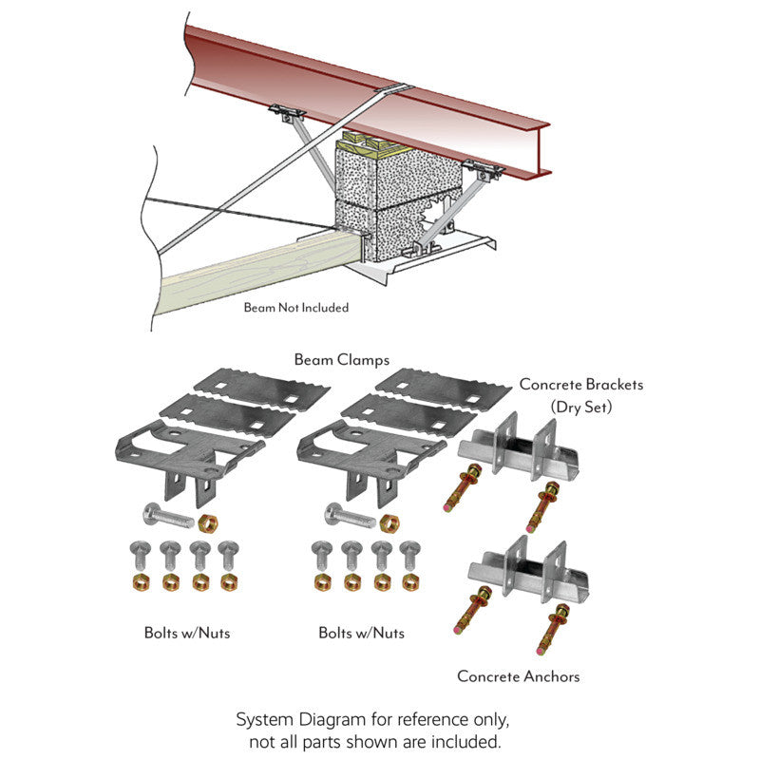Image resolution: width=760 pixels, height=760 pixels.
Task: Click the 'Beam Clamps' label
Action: coord(342,360)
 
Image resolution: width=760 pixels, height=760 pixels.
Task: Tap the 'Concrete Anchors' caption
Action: coord(518,676)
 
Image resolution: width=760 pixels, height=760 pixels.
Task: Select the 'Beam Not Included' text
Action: coord(296,307)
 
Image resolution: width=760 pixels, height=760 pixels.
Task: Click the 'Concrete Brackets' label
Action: coord(581,385)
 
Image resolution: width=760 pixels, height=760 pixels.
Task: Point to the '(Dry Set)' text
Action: coord(581,407)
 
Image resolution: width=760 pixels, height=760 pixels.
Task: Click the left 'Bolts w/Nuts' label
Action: coord(187,633)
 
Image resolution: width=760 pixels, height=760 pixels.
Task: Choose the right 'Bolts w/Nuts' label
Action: coord(362,633)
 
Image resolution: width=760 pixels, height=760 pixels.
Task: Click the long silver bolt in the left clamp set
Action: coord(168,516)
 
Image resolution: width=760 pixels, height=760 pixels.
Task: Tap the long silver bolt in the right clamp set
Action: coord(350,516)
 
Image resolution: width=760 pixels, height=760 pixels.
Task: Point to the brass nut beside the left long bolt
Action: coord(208,523)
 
